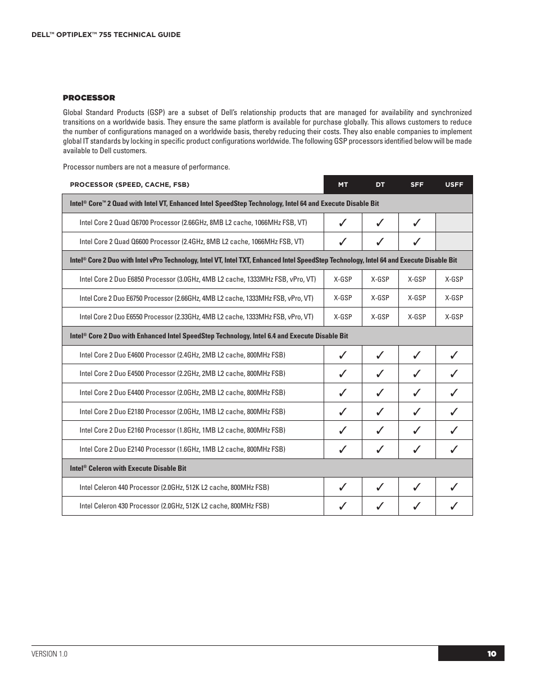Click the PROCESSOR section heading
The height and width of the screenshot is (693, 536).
pyautogui.click(x=89, y=98)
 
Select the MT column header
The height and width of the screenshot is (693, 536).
pyautogui.click(x=343, y=185)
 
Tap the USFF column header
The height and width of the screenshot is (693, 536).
pyautogui.click(x=454, y=185)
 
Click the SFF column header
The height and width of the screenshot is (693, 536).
pyautogui.click(x=417, y=185)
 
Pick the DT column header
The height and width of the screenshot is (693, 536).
pyautogui.click(x=380, y=185)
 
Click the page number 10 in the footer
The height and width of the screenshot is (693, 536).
pyautogui.click(x=492, y=654)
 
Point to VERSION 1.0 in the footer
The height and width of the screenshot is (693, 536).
pyautogui.click(x=49, y=654)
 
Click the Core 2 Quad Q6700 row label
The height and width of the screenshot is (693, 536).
pyautogui.click(x=193, y=223)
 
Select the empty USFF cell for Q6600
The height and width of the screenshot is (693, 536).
pyautogui.click(x=454, y=242)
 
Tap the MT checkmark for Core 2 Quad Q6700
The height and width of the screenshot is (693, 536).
pyautogui.click(x=343, y=223)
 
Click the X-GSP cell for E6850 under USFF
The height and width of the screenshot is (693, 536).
pyautogui.click(x=454, y=279)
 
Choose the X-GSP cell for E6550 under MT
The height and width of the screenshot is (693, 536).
pyautogui.click(x=343, y=317)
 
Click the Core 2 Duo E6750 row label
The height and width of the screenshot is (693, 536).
pyautogui.click(x=196, y=298)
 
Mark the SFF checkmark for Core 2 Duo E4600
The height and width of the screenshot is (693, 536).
pyautogui.click(x=417, y=355)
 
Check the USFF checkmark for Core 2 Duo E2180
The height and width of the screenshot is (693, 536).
pyautogui.click(x=454, y=411)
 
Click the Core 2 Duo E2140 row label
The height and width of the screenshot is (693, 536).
pyautogui.click(x=182, y=449)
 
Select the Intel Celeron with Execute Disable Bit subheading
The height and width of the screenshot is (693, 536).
pyautogui.click(x=128, y=468)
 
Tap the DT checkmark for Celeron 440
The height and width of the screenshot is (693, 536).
pyautogui.click(x=380, y=487)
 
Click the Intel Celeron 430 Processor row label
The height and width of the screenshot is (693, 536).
pyautogui.click(x=174, y=506)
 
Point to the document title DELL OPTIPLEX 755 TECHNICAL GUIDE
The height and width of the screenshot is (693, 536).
pyautogui.click(x=106, y=35)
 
